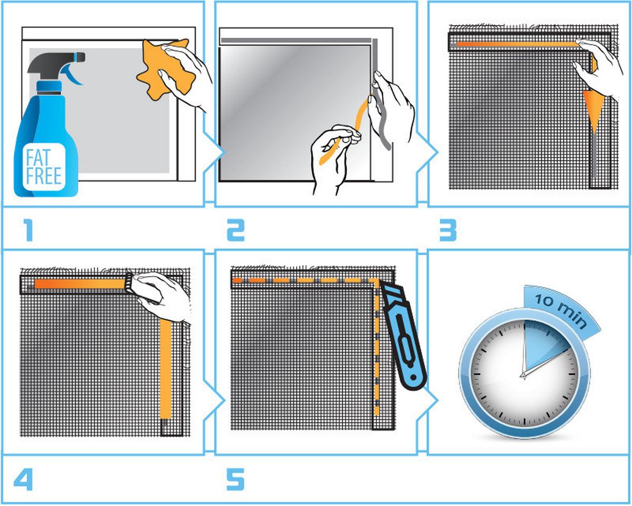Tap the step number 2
point(235,230)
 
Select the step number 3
point(448,230)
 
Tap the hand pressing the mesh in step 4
point(161,295)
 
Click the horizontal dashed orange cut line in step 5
point(305,280)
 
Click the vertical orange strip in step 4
point(165,368)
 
